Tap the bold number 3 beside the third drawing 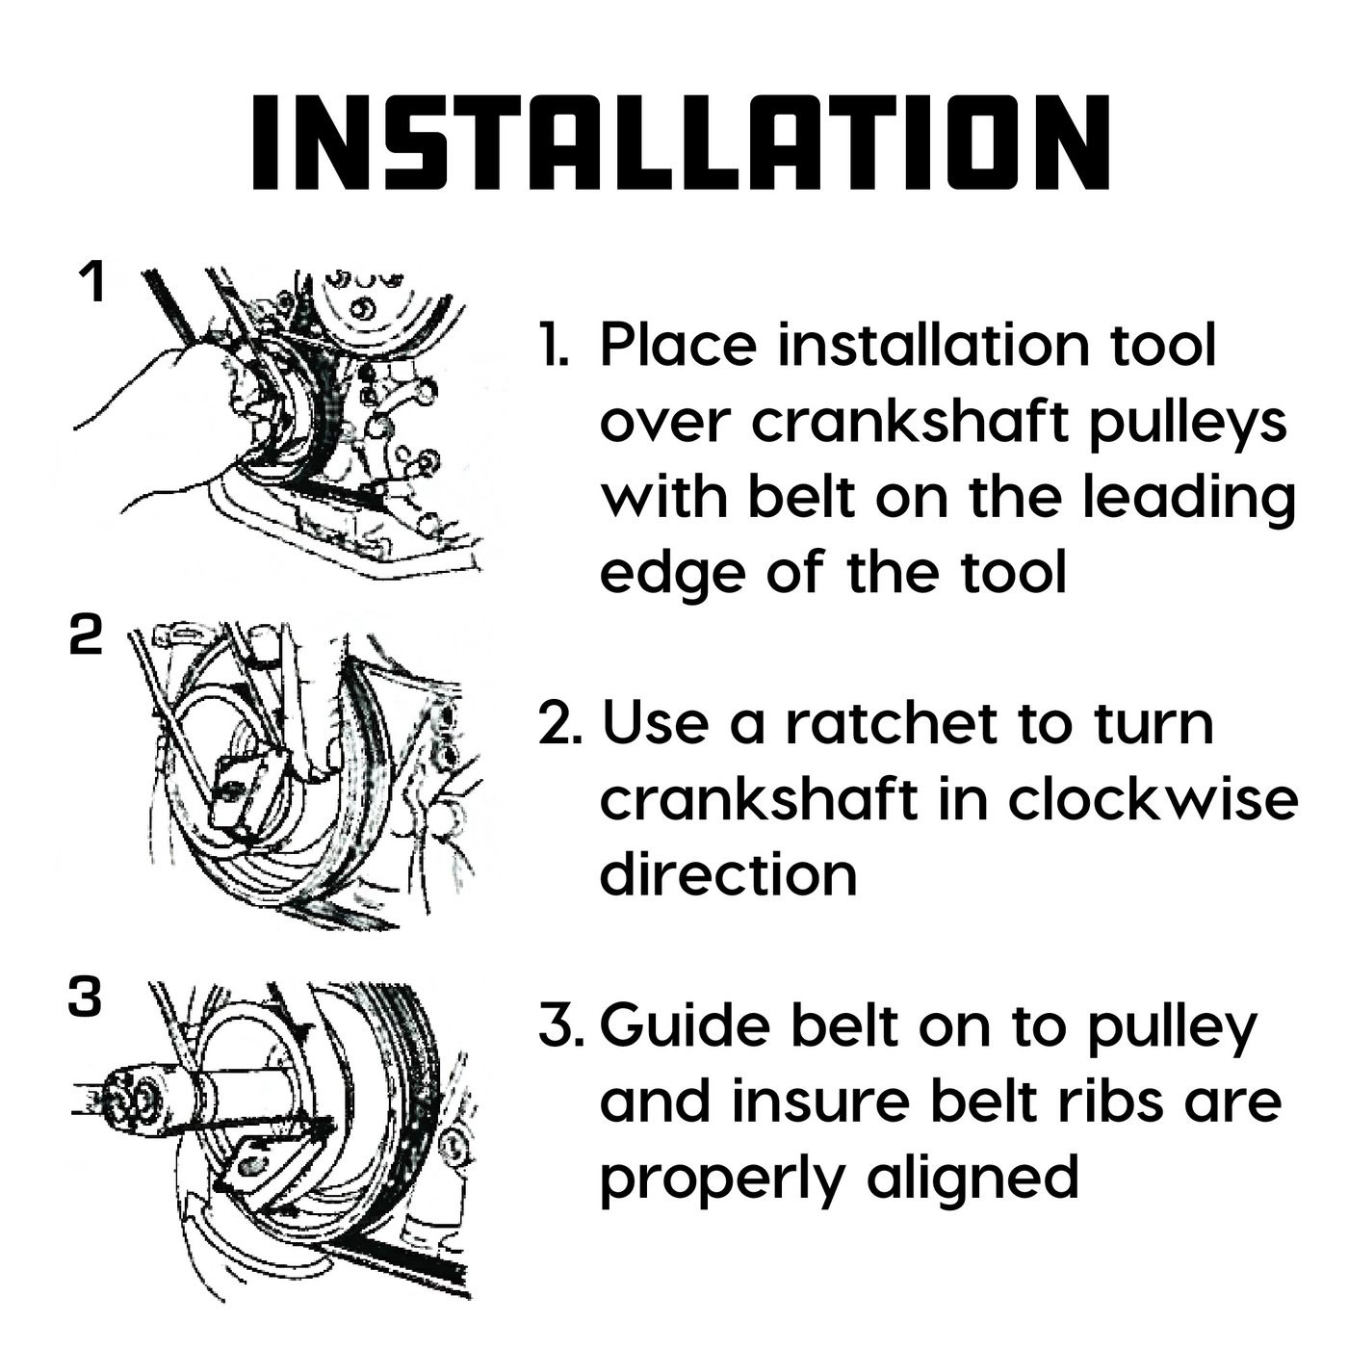click(x=86, y=997)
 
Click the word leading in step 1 click(x=1189, y=501)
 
